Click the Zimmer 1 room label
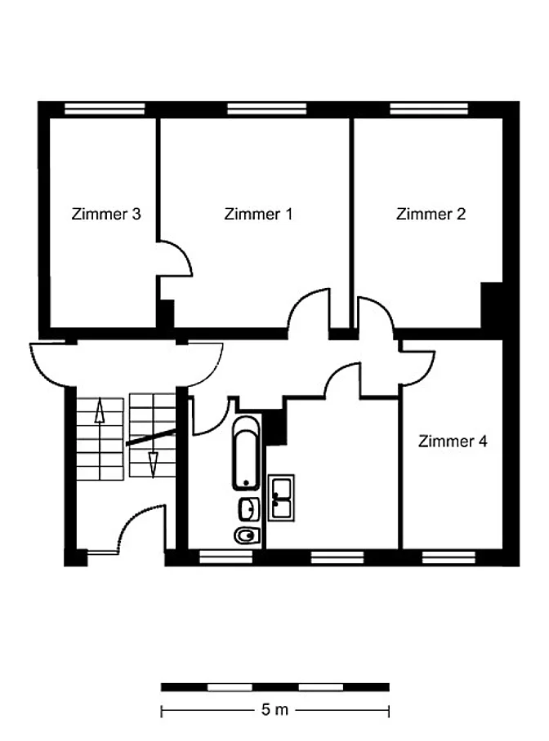tap(258, 214)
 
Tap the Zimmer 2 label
tap(431, 214)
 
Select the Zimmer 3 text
tap(106, 214)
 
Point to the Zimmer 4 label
tap(453, 441)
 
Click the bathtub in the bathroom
tap(246, 453)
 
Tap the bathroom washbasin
tap(249, 509)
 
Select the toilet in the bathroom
tap(247, 535)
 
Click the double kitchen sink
tap(281, 498)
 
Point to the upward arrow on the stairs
tap(100, 410)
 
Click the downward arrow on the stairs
tap(153, 464)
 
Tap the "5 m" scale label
tap(274, 709)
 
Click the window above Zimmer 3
tap(105, 109)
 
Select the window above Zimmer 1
tap(267, 109)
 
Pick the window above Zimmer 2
tap(429, 109)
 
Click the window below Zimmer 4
tap(449, 557)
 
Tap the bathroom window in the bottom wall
tap(225, 557)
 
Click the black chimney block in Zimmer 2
tap(492, 305)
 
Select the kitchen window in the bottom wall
tap(337, 557)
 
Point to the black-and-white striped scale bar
tap(275, 687)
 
